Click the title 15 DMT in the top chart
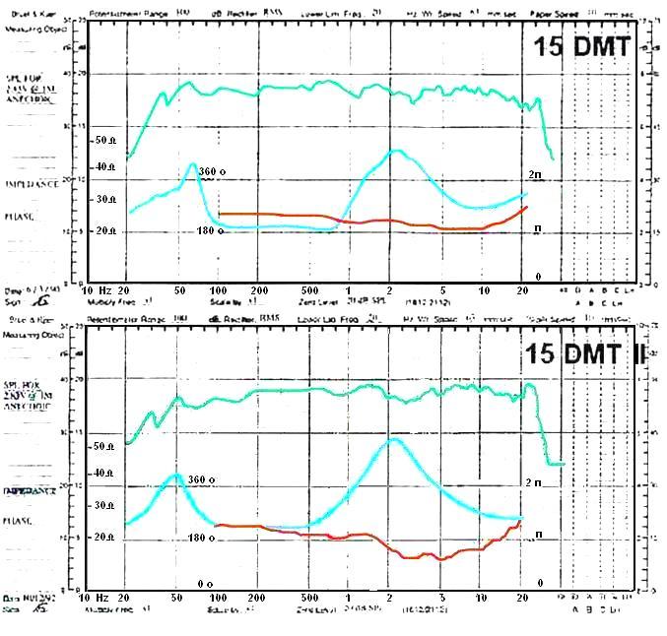[582, 45]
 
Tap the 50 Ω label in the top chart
[106, 141]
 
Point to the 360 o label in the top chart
[212, 171]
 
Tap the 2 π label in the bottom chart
[533, 482]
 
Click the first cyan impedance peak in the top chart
[193, 164]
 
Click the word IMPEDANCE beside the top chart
[30, 184]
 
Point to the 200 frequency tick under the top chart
[258, 291]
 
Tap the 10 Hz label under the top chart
[97, 291]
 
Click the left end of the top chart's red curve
[219, 214]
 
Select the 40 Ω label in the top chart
[106, 168]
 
